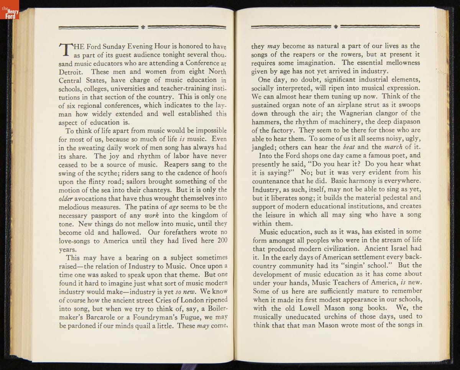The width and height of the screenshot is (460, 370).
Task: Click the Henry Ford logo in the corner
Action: click(9, 9)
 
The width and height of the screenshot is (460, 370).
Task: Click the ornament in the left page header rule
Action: click(143, 27)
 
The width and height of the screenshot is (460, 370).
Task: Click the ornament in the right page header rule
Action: click(335, 27)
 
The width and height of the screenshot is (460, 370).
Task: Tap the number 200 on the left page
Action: click(222, 240)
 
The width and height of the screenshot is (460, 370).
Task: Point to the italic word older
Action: click(66, 199)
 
